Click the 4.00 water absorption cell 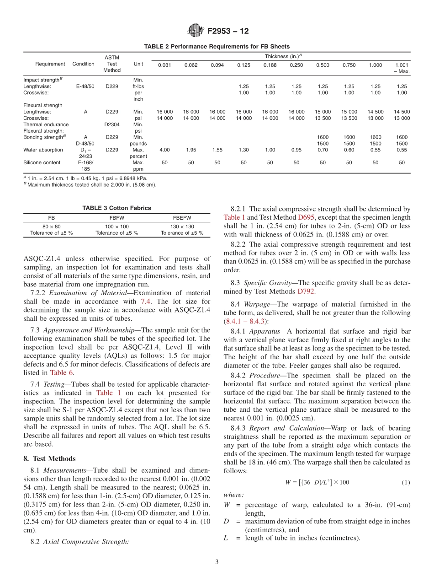(164, 150)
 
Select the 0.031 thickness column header (164, 65)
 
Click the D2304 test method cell (111, 124)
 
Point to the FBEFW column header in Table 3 (182, 218)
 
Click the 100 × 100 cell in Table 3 (116, 226)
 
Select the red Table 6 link (61, 372)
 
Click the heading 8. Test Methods (49, 458)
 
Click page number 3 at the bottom (217, 562)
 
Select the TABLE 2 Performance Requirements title (217, 47)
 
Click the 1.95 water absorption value (191, 150)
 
